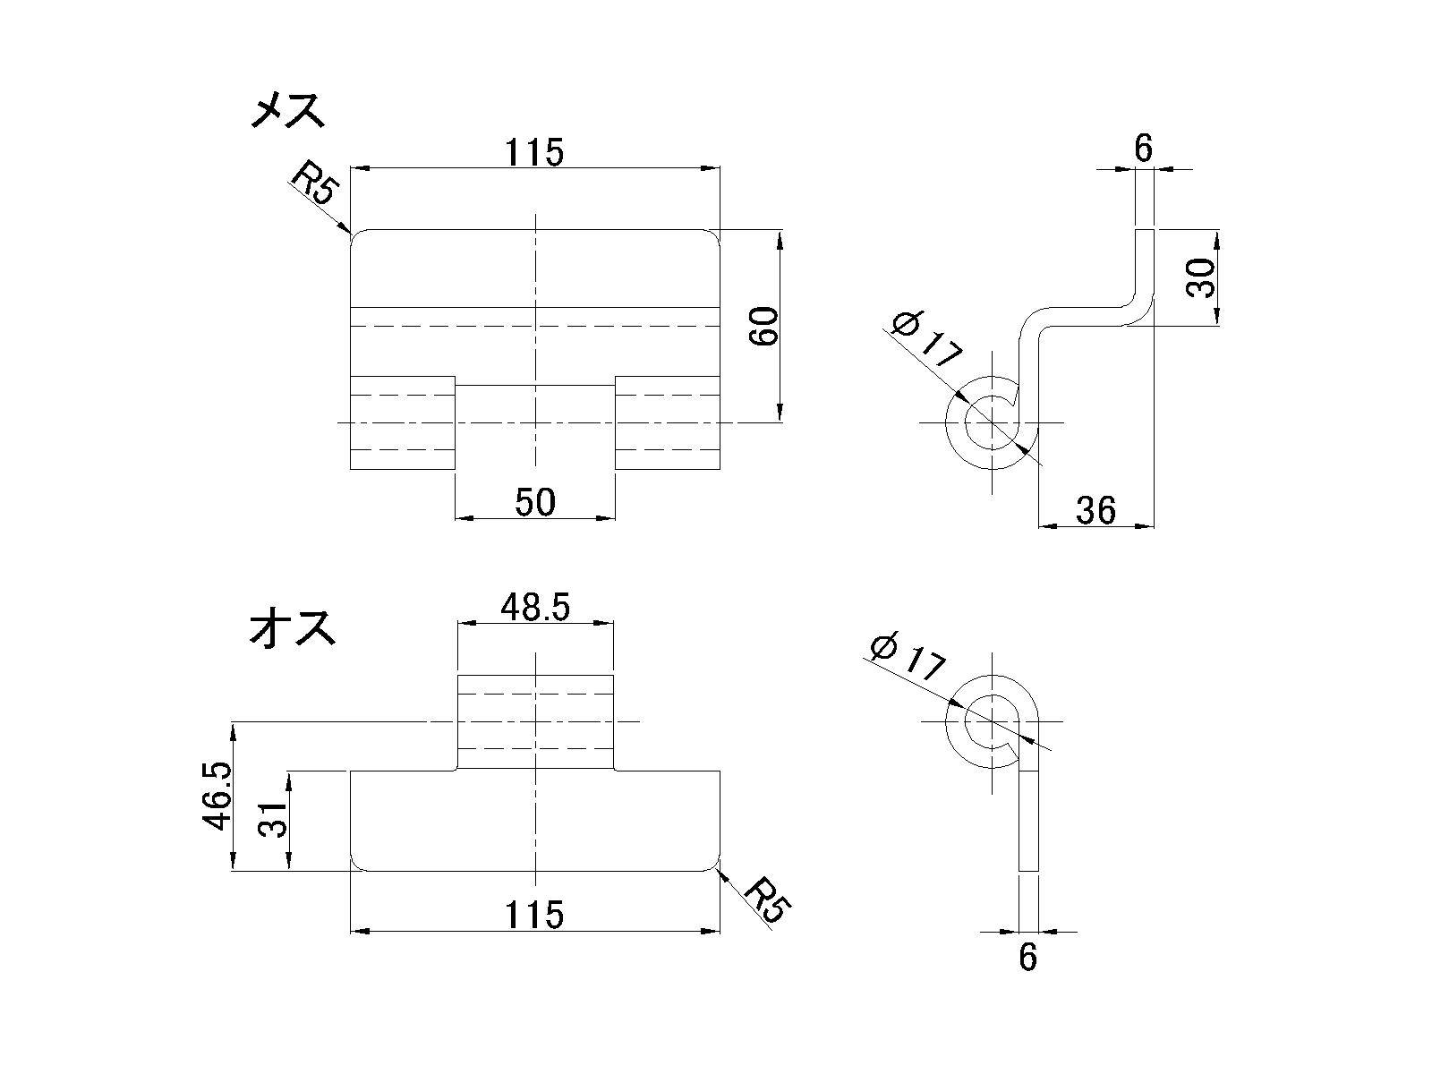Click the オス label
point(293,626)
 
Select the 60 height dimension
point(764,326)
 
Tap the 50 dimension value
point(535,502)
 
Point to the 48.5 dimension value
point(535,607)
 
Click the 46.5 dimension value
point(217,796)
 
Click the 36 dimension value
point(1096,510)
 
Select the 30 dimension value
point(1200,277)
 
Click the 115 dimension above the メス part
point(534,152)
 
